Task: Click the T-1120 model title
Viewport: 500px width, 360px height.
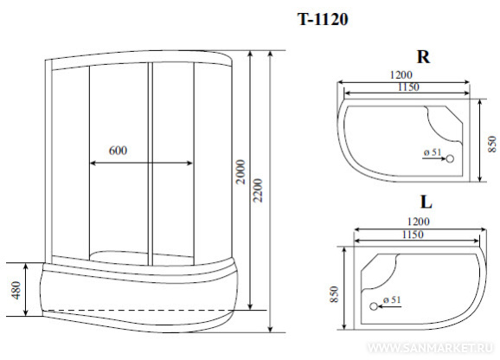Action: [x=323, y=19]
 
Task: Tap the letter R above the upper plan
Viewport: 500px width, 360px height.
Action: [x=423, y=57]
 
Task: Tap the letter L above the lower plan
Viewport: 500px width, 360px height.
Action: [x=426, y=202]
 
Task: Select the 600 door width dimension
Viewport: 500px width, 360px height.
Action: [x=118, y=151]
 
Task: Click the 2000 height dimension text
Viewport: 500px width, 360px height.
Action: [x=241, y=172]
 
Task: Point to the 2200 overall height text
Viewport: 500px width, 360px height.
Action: [x=258, y=190]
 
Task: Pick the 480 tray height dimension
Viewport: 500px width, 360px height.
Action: [x=16, y=290]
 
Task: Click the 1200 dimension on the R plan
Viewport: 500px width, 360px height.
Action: [x=401, y=74]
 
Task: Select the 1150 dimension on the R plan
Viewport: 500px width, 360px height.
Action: [x=408, y=87]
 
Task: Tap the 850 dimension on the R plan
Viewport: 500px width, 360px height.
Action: [x=492, y=144]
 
